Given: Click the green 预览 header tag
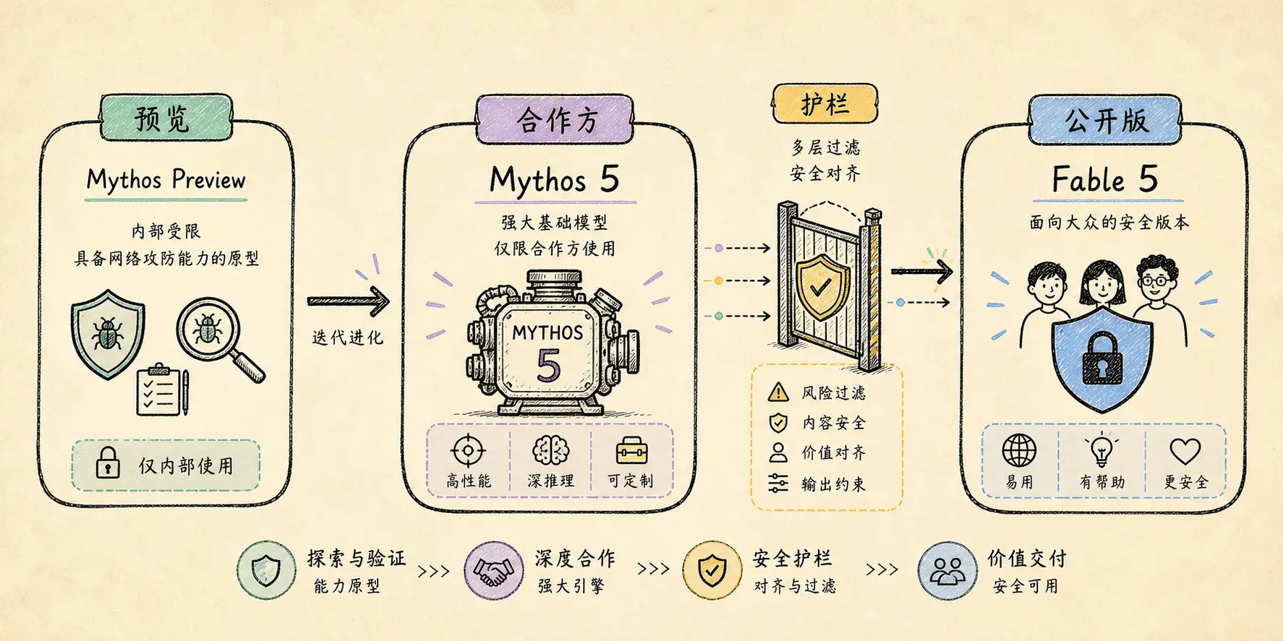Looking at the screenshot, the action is click(166, 117).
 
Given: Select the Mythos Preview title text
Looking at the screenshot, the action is click(166, 179).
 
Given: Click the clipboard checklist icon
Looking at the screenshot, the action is click(163, 390).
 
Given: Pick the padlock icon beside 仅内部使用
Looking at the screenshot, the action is click(108, 463).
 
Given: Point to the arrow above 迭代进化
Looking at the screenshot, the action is click(348, 301).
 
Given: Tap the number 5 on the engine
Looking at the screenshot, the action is click(549, 365).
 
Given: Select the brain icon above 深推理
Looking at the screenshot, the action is click(550, 451).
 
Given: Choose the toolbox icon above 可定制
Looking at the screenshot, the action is click(631, 451).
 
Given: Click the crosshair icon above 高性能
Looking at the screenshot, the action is click(468, 451).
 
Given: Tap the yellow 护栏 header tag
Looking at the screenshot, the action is click(824, 104).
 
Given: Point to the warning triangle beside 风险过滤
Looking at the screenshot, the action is click(778, 392).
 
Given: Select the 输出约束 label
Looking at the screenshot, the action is click(833, 484).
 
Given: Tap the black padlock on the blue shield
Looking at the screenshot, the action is click(1101, 358).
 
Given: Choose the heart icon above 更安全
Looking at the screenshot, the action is click(1185, 452).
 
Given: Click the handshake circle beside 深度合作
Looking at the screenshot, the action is click(494, 571).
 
